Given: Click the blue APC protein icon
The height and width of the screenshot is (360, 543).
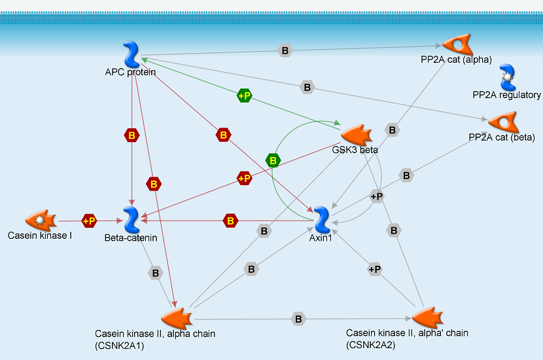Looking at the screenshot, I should (x=131, y=54).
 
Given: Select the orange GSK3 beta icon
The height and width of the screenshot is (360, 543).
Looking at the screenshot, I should (x=357, y=135).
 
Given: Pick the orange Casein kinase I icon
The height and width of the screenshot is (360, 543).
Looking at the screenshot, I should (x=40, y=221).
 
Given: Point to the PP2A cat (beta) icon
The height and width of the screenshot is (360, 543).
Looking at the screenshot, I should (x=502, y=122).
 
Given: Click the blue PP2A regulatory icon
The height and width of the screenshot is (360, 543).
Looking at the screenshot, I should (x=506, y=78).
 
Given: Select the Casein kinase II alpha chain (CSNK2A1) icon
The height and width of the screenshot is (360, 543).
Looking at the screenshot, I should (x=175, y=319).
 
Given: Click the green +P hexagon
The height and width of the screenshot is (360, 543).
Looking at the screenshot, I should (x=245, y=96).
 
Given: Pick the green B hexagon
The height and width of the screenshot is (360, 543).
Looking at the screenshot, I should (x=273, y=160).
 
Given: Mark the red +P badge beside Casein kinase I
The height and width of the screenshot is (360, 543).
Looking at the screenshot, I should (x=89, y=221).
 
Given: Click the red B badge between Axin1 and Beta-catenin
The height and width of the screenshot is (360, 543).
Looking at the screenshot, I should (x=230, y=221).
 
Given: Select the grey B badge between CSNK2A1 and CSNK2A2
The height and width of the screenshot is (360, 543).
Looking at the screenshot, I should (x=298, y=319).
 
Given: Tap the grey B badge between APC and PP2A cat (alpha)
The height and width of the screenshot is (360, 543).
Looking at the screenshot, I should (x=285, y=50).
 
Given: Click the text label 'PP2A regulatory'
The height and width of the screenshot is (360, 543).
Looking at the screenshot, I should (x=506, y=95).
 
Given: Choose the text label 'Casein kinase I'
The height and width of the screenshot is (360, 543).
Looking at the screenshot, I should (x=40, y=236).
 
